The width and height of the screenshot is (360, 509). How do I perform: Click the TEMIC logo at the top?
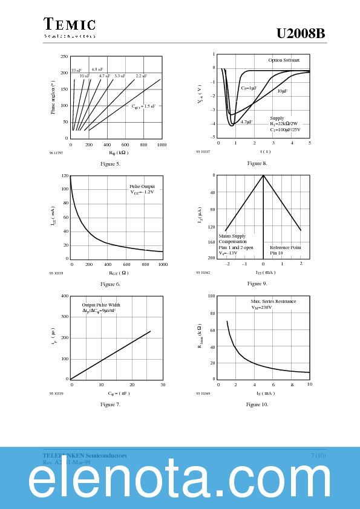point(70,25)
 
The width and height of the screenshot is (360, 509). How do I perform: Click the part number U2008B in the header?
point(301,34)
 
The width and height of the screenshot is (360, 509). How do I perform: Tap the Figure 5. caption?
point(110,164)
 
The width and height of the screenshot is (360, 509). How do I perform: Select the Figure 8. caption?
point(257,163)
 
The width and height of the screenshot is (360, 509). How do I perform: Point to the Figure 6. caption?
point(110,284)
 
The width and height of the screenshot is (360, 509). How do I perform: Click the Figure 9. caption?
point(257,284)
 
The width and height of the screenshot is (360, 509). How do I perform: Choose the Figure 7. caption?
point(110,404)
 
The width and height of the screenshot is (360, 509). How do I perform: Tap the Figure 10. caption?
point(257,404)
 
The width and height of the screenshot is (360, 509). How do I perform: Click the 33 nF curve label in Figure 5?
point(76,71)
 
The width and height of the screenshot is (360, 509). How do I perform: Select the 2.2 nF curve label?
point(141,76)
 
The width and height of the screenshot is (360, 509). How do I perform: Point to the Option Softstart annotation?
point(284,60)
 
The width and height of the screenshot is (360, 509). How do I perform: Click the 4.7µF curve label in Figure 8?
point(246,122)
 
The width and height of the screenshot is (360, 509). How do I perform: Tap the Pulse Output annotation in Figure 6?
point(142,186)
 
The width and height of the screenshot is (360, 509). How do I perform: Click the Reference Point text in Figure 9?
point(285,247)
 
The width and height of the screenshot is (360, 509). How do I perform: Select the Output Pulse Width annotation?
point(101,305)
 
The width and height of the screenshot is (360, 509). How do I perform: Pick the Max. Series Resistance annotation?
point(273,301)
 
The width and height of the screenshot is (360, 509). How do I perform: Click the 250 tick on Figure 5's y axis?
point(64,57)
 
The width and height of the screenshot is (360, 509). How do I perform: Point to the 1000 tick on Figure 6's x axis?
point(163,265)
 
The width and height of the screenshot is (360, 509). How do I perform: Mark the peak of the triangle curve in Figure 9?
point(263,175)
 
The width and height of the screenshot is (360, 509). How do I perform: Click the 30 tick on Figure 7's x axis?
point(163,385)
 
